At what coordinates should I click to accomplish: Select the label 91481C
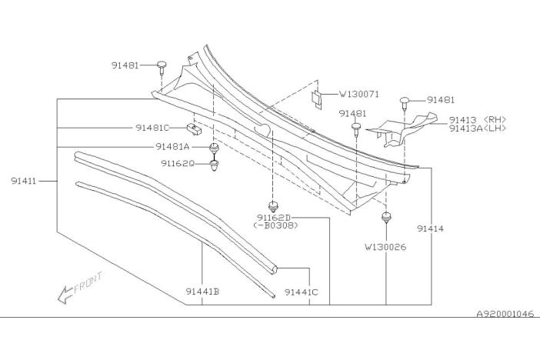click(x=153, y=128)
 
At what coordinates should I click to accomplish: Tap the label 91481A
click(x=172, y=146)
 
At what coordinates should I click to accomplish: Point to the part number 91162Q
click(x=178, y=163)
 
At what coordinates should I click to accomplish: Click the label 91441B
click(x=202, y=292)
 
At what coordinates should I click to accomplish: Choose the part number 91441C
click(x=301, y=292)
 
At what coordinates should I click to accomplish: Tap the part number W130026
click(x=385, y=247)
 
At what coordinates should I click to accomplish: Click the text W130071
click(x=359, y=95)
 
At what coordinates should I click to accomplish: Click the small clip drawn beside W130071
click(x=317, y=97)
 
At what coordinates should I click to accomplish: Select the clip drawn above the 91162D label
click(x=272, y=205)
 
